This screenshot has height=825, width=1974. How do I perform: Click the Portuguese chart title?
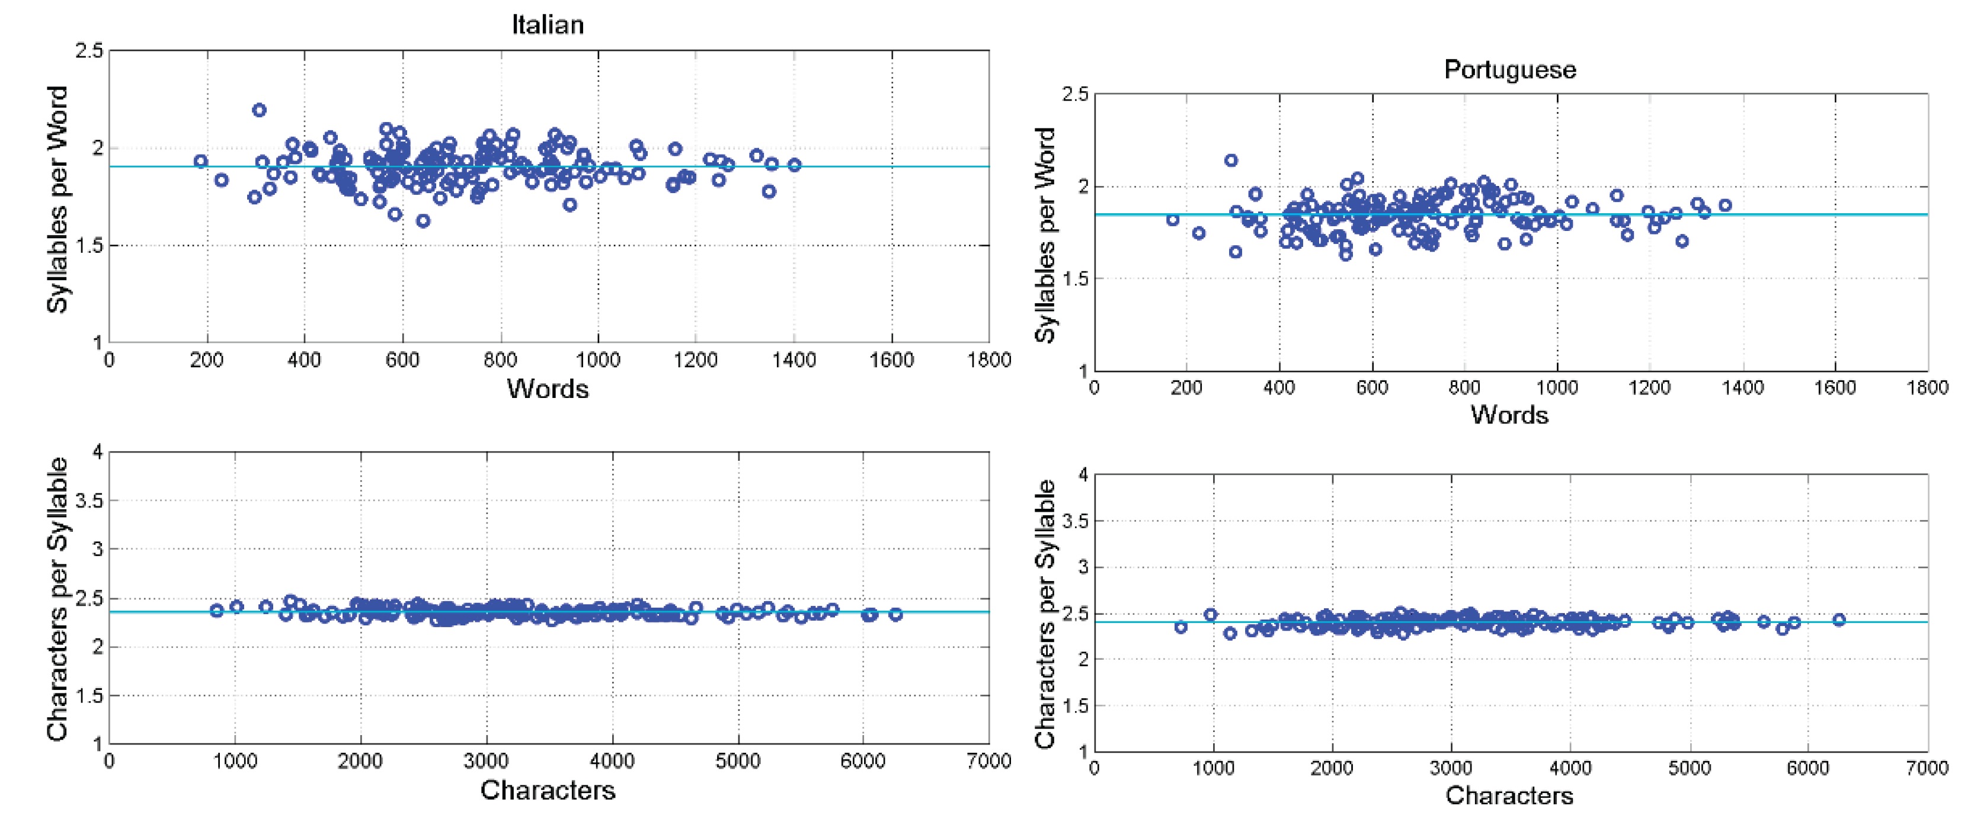[x=1509, y=70]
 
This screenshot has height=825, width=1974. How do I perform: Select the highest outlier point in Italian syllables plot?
[x=259, y=110]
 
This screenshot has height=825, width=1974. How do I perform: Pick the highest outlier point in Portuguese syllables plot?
[x=1231, y=160]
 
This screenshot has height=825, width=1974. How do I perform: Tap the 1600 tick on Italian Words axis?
[x=891, y=360]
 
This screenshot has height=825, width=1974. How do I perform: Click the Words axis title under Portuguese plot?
[x=1509, y=415]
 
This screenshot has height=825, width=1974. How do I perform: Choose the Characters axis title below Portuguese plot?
[x=1509, y=796]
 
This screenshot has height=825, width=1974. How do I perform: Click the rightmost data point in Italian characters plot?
[x=895, y=614]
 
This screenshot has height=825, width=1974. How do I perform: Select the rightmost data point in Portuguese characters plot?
[x=1838, y=619]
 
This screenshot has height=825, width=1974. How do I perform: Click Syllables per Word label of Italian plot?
[x=57, y=199]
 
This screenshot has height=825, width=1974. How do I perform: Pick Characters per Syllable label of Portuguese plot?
[x=1044, y=613]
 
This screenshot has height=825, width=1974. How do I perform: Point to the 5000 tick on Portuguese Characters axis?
[x=1689, y=768]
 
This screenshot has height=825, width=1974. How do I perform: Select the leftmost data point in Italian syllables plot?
[x=201, y=161]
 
